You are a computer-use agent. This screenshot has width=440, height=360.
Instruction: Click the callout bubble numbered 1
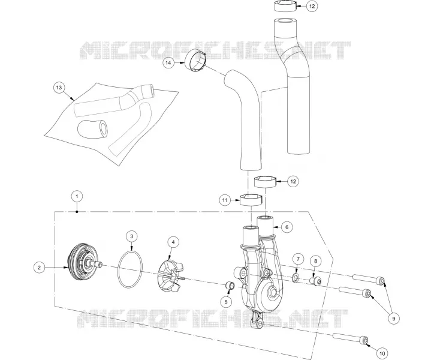[x=77, y=196]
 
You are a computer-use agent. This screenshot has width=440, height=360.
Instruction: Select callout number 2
[x=40, y=268]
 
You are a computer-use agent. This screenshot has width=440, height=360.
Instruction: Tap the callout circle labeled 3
[x=132, y=236]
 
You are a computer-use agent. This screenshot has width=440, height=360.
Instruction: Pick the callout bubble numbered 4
[x=173, y=242]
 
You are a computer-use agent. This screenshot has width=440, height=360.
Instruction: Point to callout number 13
[x=59, y=88]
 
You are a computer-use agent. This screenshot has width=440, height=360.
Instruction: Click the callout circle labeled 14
[x=168, y=62]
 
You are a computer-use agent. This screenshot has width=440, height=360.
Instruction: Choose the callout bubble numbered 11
[x=225, y=200]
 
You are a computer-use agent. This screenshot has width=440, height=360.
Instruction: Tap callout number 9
[x=393, y=319]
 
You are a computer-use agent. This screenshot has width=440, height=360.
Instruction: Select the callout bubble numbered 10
[x=382, y=353]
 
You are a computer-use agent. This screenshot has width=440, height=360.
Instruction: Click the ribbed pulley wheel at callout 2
[x=83, y=264]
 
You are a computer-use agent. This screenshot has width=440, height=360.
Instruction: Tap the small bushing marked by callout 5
[x=231, y=286]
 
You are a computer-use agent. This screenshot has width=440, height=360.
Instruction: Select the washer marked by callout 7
[x=296, y=278]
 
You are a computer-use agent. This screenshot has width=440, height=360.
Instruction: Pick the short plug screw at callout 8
[x=315, y=281]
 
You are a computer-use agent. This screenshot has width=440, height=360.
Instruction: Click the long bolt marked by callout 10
[x=351, y=338]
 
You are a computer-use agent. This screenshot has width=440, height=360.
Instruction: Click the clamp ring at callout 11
[x=251, y=200]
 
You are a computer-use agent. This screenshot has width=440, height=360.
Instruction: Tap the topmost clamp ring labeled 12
[x=285, y=6]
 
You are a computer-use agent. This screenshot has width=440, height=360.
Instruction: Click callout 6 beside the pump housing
[x=287, y=227]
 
